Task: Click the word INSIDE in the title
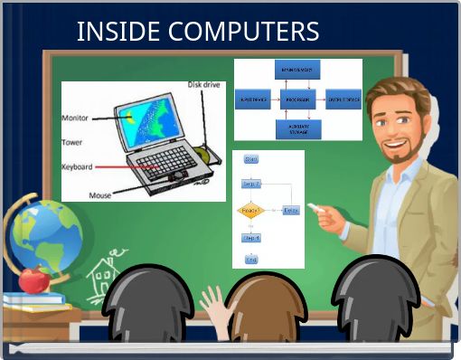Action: click(109, 32)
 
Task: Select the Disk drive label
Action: click(204, 84)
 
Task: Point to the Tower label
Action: click(71, 142)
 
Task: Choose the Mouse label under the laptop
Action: click(100, 194)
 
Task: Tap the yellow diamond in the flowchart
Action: click(250, 211)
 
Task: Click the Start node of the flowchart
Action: click(251, 160)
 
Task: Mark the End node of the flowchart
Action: click(251, 260)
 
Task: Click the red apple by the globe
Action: click(33, 279)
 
